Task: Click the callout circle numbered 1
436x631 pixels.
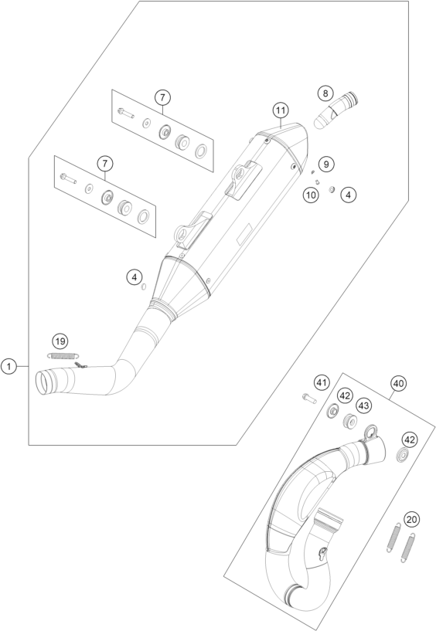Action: pyautogui.click(x=9, y=366)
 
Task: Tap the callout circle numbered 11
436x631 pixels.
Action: pyautogui.click(x=281, y=110)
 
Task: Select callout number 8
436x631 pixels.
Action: pyautogui.click(x=325, y=93)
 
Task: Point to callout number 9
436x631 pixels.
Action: pyautogui.click(x=326, y=164)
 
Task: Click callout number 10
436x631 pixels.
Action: pyautogui.click(x=311, y=195)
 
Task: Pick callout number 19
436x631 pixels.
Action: pyautogui.click(x=60, y=341)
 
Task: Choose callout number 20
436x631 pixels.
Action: pyautogui.click(x=411, y=520)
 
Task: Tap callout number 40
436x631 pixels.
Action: pyautogui.click(x=398, y=384)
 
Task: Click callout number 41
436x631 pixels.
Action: pyautogui.click(x=322, y=383)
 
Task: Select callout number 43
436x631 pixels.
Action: pyautogui.click(x=363, y=406)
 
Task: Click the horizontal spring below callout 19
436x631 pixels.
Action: pyautogui.click(x=63, y=355)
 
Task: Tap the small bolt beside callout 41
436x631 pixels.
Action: pyautogui.click(x=309, y=398)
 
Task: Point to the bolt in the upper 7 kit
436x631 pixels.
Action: pyautogui.click(x=126, y=113)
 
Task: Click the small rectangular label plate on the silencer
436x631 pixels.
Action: pyautogui.click(x=244, y=234)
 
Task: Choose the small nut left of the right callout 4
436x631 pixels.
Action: pyautogui.click(x=332, y=189)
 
